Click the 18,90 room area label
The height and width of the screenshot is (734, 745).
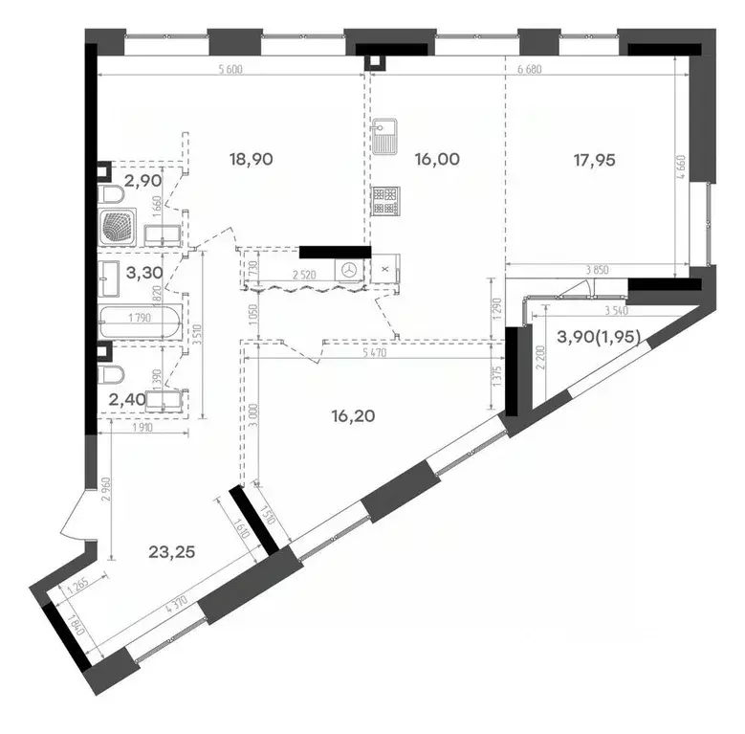(x=251, y=160)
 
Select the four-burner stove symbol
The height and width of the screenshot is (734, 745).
(x=387, y=200)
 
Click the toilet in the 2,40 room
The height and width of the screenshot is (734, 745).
(x=112, y=373)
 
